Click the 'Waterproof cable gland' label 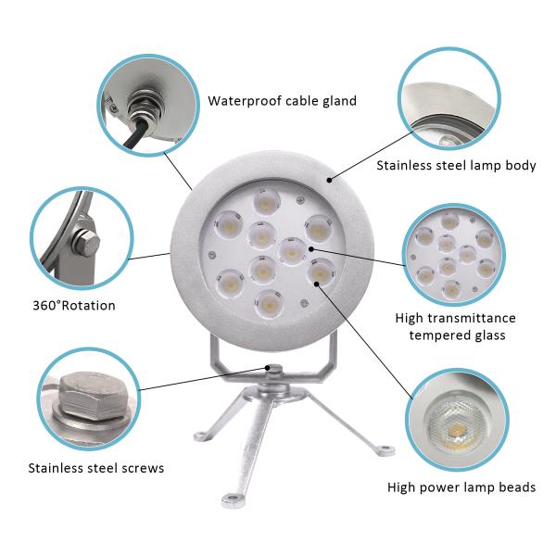point(283,101)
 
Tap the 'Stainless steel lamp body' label point(456,166)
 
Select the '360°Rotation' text point(74,306)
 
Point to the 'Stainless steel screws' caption point(96,468)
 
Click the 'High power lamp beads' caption point(461,487)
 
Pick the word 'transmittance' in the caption point(472,318)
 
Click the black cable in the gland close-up point(134,134)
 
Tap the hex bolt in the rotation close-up point(86,243)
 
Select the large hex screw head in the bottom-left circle point(93,396)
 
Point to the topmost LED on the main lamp point(266,201)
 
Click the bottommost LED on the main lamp point(269,304)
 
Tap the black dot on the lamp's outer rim point(329,180)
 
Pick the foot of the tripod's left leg point(202,436)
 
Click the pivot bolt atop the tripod point(273,370)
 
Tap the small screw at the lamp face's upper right point(300,200)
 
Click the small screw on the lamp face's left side point(212,254)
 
